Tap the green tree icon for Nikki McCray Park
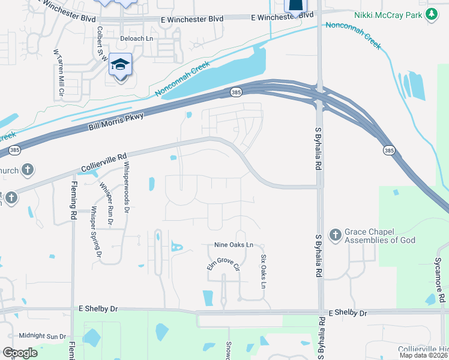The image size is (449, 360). [431, 14]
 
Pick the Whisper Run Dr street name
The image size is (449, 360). [106, 204]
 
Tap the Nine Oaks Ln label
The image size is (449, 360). [234, 245]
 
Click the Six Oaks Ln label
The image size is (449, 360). [263, 271]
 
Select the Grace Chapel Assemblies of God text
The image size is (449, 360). [380, 236]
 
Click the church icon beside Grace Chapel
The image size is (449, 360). [335, 233]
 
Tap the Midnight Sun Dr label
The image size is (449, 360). [42, 336]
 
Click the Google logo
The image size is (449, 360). [20, 352]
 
